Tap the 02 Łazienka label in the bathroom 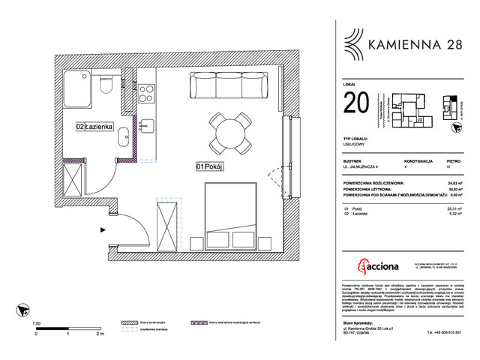[x=94, y=127]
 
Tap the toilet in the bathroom [x=106, y=85]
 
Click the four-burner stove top [x=145, y=95]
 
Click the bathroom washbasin [x=124, y=137]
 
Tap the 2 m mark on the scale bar [x=100, y=335]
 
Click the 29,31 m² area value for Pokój [x=453, y=209]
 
